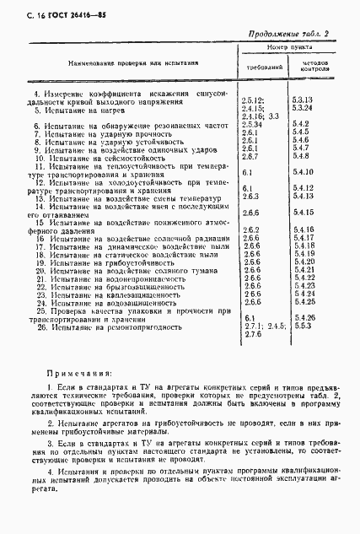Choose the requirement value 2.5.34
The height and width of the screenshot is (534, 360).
click(253, 124)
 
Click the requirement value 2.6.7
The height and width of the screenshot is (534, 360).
click(250, 156)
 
